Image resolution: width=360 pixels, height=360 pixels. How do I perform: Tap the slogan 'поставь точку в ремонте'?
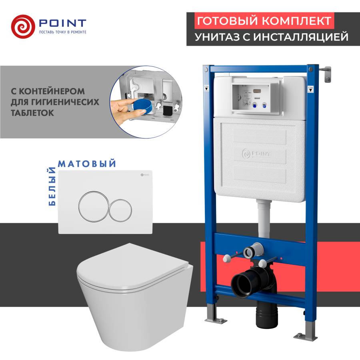62,32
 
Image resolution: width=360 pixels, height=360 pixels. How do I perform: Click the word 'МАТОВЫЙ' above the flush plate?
87,164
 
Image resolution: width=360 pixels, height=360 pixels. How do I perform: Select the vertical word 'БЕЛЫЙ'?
52,188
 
